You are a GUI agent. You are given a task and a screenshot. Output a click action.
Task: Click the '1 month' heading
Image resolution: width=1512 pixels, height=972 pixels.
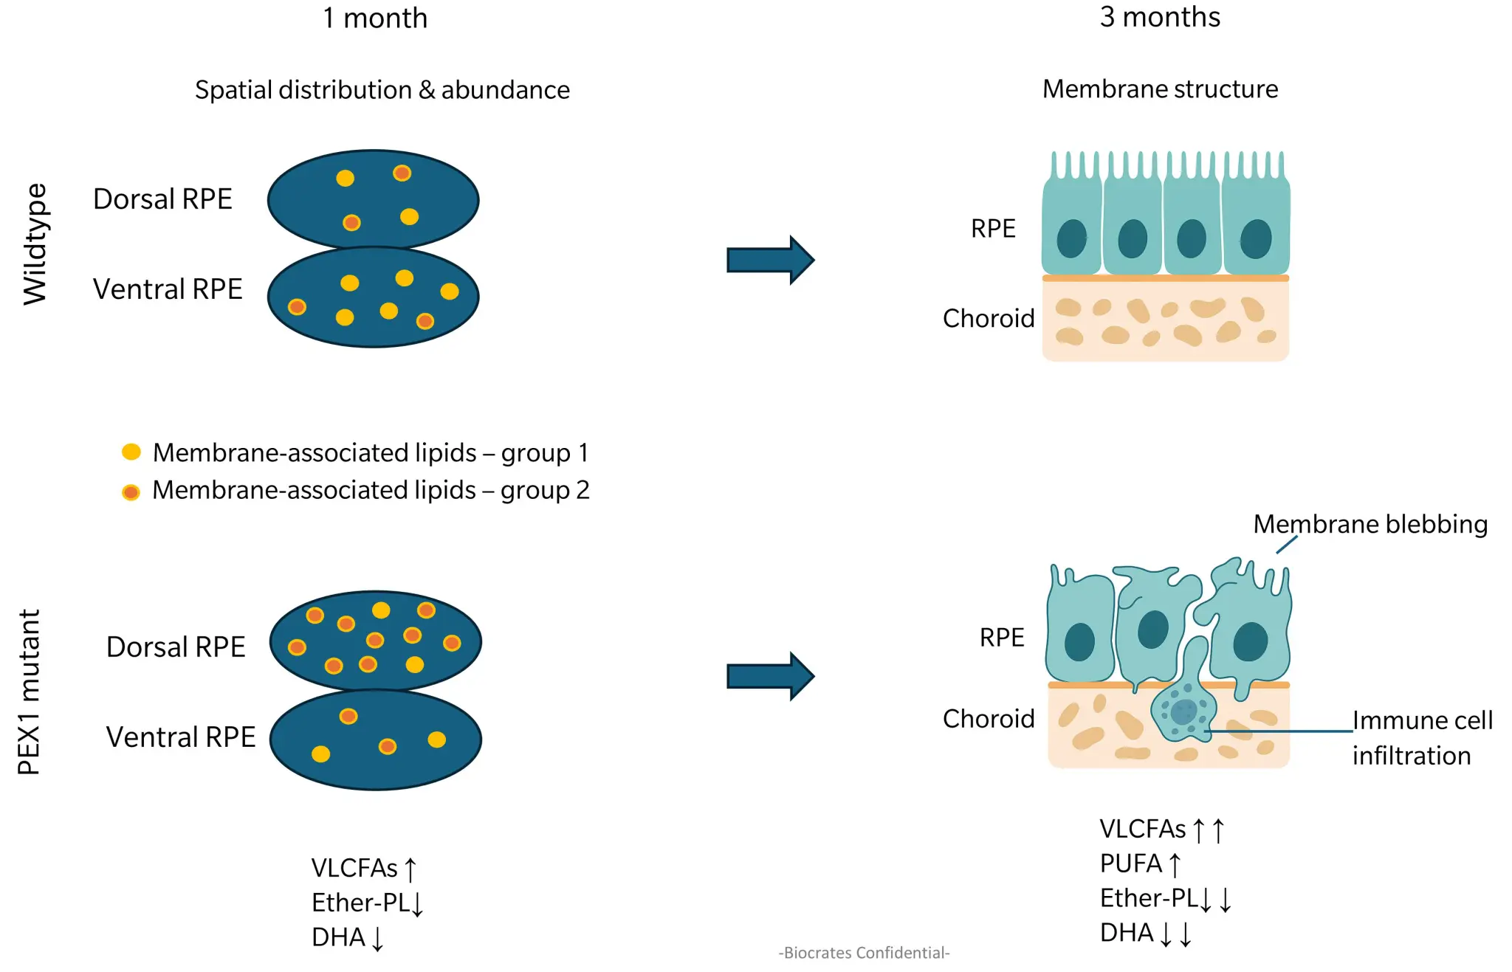pos(374,18)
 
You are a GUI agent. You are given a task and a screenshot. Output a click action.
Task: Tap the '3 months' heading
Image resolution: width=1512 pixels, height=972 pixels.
pos(1159,17)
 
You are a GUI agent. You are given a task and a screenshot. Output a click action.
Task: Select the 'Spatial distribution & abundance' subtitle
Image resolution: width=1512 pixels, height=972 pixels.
pos(382,90)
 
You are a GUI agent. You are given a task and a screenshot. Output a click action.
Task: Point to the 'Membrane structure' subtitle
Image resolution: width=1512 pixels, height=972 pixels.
pos(1159,89)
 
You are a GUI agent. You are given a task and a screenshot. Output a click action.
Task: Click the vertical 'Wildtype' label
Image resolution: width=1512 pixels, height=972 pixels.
pos(35,244)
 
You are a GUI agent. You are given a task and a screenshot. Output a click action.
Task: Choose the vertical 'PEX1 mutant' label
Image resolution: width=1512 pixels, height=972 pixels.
pos(29,692)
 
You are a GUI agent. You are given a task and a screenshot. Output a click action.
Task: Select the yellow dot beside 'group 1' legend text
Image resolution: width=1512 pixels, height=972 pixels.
pos(131,452)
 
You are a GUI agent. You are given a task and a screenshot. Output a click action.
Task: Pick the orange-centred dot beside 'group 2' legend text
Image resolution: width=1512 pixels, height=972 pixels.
pos(131,492)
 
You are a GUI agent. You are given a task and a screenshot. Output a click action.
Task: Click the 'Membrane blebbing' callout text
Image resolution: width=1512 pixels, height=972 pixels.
pos(1370,524)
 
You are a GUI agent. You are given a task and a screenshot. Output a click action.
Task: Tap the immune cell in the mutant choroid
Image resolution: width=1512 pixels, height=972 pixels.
pos(1183,711)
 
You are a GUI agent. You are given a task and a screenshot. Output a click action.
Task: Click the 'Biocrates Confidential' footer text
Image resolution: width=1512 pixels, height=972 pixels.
pos(864,953)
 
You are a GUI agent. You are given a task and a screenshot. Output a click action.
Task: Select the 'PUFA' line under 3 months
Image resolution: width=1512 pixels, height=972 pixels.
pos(1140,864)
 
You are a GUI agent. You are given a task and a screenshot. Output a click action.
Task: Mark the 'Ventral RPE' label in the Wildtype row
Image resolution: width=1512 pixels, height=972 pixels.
pos(168,289)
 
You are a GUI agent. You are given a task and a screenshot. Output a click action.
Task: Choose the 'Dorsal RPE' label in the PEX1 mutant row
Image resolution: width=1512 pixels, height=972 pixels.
pos(176,647)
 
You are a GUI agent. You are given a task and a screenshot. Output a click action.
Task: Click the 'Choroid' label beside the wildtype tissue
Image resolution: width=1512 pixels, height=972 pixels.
pos(988,319)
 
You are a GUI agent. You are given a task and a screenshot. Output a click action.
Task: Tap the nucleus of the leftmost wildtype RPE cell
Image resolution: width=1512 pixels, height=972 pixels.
pos(1071,239)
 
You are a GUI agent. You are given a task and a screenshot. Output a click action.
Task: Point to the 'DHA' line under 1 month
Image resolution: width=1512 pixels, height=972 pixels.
pos(347,937)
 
